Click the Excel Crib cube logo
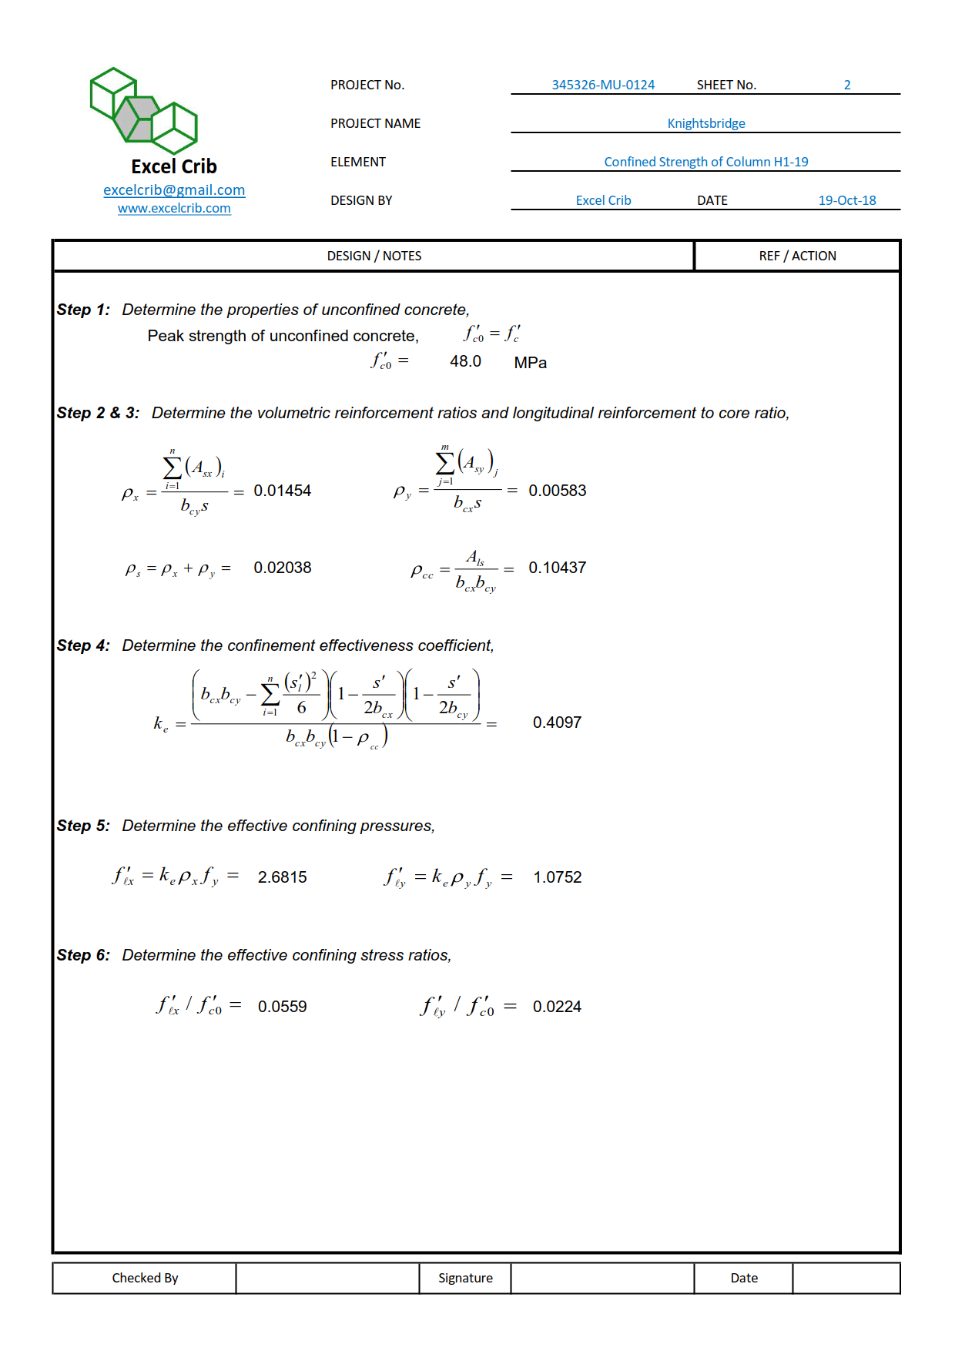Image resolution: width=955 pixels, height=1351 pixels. (144, 110)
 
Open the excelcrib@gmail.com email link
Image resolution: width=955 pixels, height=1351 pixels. (174, 190)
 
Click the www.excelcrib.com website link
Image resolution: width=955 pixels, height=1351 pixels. (174, 209)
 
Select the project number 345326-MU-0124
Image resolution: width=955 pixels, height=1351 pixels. (603, 85)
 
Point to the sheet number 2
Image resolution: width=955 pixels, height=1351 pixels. (847, 85)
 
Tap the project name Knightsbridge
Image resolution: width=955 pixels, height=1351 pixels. (705, 123)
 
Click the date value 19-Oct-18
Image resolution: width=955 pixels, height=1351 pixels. (846, 200)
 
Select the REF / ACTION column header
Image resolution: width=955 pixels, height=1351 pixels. (797, 256)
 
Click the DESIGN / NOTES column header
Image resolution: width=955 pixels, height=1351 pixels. (374, 256)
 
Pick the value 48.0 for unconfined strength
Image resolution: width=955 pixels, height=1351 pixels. (465, 361)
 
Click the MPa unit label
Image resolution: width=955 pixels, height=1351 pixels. (530, 363)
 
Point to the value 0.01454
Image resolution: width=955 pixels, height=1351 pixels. (282, 491)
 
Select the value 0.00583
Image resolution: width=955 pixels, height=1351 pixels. (557, 491)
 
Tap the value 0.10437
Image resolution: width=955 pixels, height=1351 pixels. (557, 568)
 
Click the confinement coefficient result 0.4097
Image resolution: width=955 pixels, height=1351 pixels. (557, 722)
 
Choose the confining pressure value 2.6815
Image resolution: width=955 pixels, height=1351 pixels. (282, 877)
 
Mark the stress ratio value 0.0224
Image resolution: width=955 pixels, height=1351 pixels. (557, 1007)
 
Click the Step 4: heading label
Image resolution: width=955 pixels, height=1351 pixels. (83, 645)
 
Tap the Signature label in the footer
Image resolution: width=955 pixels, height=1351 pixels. (465, 1278)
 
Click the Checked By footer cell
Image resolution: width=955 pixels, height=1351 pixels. (145, 1278)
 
